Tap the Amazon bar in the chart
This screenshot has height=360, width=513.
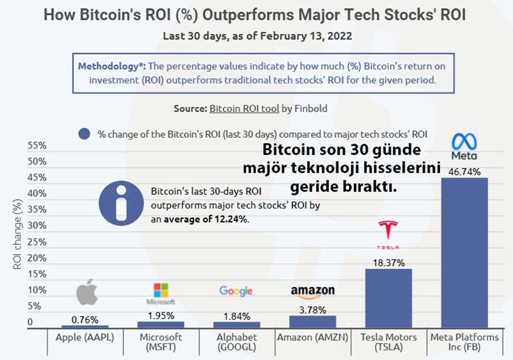click(x=312, y=321)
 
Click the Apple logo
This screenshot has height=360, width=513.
click(x=87, y=292)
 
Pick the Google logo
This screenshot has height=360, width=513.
click(x=236, y=291)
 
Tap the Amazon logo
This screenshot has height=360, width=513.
click(x=312, y=292)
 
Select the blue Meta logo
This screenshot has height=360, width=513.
click(x=464, y=146)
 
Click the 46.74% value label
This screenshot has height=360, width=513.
click(x=465, y=171)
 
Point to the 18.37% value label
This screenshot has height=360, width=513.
click(x=389, y=263)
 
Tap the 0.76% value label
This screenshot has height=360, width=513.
click(x=84, y=320)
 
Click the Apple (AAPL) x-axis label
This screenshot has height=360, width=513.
click(x=85, y=337)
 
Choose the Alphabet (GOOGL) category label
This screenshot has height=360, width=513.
click(x=237, y=342)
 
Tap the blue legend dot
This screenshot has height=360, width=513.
click(x=85, y=134)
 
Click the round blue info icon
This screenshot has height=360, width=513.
click(x=121, y=203)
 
